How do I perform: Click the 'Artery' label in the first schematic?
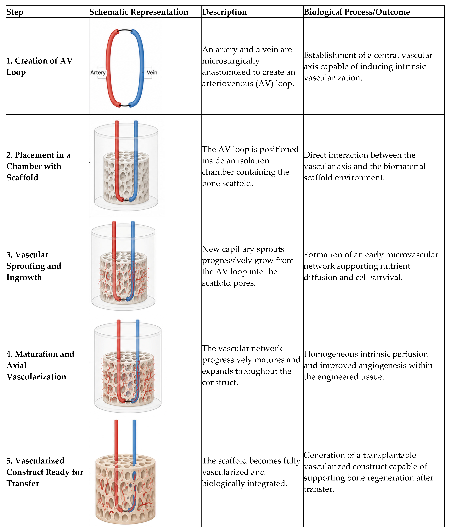click(x=98, y=72)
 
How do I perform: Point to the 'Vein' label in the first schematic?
click(x=152, y=72)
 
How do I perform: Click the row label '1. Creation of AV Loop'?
click(x=40, y=66)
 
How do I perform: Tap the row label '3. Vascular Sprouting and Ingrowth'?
click(x=34, y=266)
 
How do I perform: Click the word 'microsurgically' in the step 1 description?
click(x=231, y=61)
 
